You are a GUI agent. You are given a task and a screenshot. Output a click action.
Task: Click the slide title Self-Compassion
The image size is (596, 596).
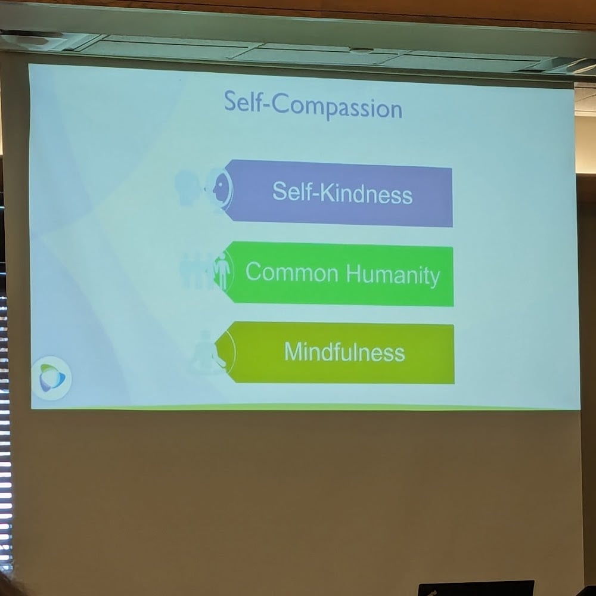point(313,105)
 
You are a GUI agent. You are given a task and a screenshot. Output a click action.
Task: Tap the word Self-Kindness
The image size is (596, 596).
point(343,193)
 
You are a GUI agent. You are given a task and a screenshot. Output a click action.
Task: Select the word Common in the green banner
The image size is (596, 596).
point(291,272)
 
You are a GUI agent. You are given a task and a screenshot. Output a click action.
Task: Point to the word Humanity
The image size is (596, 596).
point(393,275)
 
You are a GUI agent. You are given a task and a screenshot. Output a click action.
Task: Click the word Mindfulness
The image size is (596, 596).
point(344,352)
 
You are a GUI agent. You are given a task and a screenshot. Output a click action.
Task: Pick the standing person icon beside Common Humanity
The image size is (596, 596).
point(222,271)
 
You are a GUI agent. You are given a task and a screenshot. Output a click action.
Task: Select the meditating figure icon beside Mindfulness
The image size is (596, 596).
point(207,352)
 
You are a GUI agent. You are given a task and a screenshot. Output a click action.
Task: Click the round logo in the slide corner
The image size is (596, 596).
point(52,378)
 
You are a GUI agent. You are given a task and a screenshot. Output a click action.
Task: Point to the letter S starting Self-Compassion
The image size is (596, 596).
point(230,101)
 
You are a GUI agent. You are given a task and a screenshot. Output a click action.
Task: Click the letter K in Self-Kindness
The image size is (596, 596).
point(326,191)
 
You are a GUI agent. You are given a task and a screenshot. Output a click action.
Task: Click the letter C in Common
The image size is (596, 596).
point(254,271)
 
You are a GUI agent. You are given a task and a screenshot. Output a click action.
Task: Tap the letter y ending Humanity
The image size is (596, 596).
point(435,278)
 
